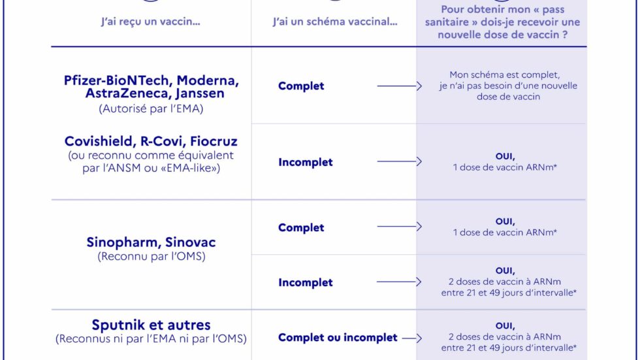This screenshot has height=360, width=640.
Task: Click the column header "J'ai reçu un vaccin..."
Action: pyautogui.click(x=151, y=21)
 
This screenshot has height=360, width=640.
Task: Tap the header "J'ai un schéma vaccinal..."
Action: pyautogui.click(x=335, y=21)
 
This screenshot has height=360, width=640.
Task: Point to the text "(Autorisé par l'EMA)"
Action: pyautogui.click(x=151, y=108)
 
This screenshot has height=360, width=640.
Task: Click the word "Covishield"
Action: pyautogui.click(x=100, y=141)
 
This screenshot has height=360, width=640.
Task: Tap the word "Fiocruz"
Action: pyautogui.click(x=214, y=141)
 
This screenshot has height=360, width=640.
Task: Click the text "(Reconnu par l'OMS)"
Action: pyautogui.click(x=152, y=256)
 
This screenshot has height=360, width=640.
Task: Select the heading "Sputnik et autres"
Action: pyautogui.click(x=151, y=325)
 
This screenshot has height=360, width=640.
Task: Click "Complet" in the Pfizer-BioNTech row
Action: pyautogui.click(x=301, y=86)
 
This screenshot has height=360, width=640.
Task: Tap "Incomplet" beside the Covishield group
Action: pyautogui.click(x=306, y=162)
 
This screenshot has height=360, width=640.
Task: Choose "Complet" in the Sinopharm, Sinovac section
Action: pyautogui.click(x=301, y=228)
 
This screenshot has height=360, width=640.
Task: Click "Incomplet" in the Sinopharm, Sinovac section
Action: pyautogui.click(x=306, y=282)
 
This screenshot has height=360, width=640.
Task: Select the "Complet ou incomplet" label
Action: pyautogui.click(x=338, y=338)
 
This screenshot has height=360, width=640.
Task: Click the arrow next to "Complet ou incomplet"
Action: pyautogui.click(x=412, y=338)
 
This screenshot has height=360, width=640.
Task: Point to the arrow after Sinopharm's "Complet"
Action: pyautogui.click(x=399, y=227)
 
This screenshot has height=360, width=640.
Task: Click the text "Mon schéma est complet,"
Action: pyautogui.click(x=504, y=74)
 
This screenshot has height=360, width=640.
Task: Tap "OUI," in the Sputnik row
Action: pyautogui.click(x=505, y=326)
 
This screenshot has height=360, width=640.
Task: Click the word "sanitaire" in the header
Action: pyautogui.click(x=447, y=22)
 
